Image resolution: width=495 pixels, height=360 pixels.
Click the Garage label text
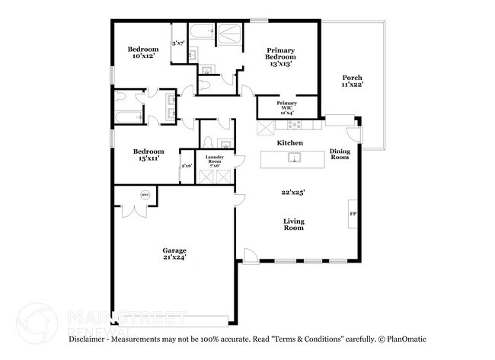point(174,250)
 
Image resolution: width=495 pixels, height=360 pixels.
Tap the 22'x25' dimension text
point(292,193)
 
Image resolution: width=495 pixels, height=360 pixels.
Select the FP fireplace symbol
point(353,214)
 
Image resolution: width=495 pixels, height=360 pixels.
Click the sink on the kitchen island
point(292,158)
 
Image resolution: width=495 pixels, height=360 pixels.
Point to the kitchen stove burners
point(296,124)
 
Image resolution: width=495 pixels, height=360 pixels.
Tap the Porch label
point(351,78)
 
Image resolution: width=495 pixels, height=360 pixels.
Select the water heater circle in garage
point(144,196)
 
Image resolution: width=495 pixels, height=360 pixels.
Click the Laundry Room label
point(214,158)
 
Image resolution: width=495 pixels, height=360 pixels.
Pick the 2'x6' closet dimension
point(187,165)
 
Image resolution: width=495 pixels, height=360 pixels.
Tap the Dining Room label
point(340,154)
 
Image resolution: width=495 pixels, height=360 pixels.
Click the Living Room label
point(294,225)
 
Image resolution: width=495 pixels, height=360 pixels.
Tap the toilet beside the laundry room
point(208,142)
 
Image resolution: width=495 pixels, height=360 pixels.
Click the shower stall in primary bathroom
point(228,34)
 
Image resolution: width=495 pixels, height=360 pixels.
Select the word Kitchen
point(290,143)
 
